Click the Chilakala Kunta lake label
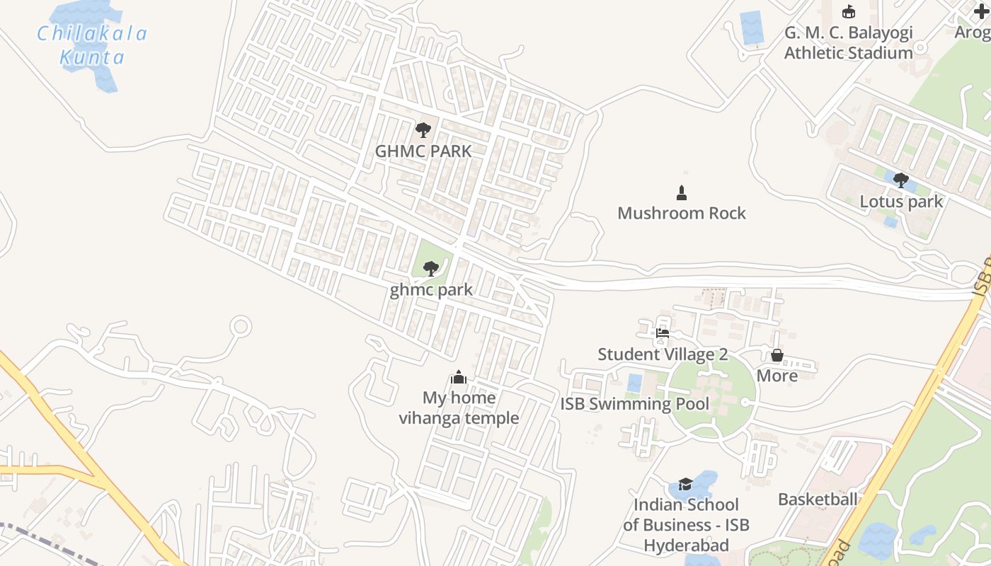92,45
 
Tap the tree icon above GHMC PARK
423,130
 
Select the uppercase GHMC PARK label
423,151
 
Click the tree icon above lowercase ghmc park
430,269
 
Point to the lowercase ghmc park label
431,289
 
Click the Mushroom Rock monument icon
682,192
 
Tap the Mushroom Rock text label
682,213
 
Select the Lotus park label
901,202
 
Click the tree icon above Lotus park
901,180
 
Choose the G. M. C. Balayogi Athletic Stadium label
849,42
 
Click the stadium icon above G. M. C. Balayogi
849,12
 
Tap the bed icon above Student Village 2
663,333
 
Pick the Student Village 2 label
663,354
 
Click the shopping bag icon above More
777,355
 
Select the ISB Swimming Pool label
635,404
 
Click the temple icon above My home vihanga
459,377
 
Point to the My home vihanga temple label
459,408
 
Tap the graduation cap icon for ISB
685,484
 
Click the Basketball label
818,499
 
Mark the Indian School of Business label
686,525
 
